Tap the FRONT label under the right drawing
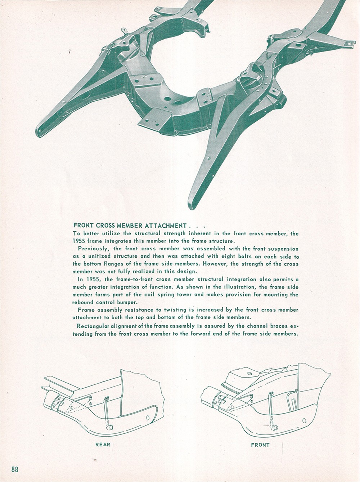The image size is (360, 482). coord(260,433)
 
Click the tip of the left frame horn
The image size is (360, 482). coord(38,133)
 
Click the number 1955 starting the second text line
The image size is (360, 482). coord(78,241)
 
